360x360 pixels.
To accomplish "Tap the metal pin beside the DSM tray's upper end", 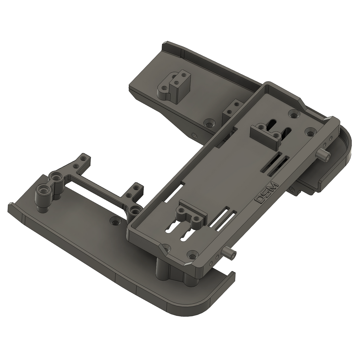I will pos(324,155).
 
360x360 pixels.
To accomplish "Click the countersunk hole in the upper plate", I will pos(210,123).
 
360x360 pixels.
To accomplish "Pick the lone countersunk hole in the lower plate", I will pos(114,222).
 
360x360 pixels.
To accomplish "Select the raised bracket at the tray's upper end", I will pos(266,135).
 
